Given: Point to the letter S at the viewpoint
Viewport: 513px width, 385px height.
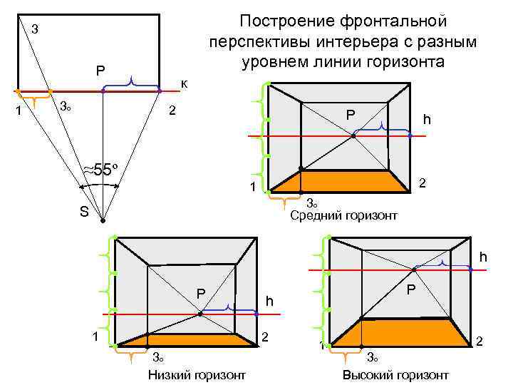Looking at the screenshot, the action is tap(84, 212).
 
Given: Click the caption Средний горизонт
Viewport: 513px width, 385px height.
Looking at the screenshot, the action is tap(344, 215).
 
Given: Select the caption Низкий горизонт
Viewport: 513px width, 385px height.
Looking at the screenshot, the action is tap(196, 375).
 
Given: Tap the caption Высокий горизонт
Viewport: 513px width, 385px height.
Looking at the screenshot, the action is tap(395, 375).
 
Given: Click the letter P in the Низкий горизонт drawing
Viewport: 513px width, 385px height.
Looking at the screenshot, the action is tap(201, 294).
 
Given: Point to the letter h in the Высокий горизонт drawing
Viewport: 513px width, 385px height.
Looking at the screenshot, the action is tap(483, 257).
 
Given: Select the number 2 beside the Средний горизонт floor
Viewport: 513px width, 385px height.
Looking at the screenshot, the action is tap(422, 183).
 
